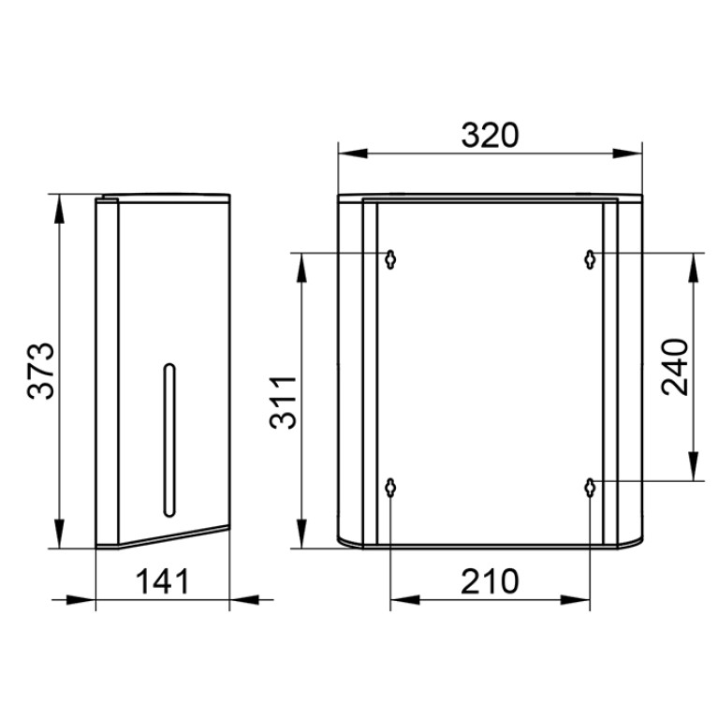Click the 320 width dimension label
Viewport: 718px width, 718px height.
tap(490, 136)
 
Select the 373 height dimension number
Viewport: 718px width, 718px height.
tap(41, 371)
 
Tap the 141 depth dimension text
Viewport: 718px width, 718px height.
tap(163, 581)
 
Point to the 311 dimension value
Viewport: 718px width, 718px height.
tap(283, 402)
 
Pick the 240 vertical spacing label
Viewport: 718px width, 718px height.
tap(676, 367)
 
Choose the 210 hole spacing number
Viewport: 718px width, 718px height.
tap(490, 581)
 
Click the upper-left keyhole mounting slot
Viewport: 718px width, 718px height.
tap(390, 259)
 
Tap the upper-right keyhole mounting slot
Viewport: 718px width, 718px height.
tap(591, 259)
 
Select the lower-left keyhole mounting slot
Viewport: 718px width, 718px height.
tap(390, 488)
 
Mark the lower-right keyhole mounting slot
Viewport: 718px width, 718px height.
tap(591, 488)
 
